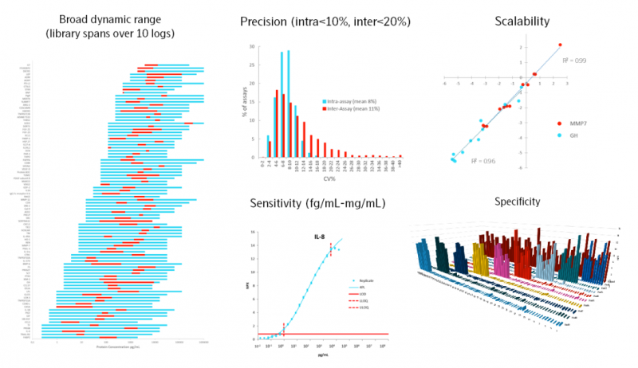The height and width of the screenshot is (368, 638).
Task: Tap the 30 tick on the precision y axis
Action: coord(254,46)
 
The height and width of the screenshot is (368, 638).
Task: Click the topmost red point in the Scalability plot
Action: coord(560,45)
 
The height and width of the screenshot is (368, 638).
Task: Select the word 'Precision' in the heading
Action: coord(265,21)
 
